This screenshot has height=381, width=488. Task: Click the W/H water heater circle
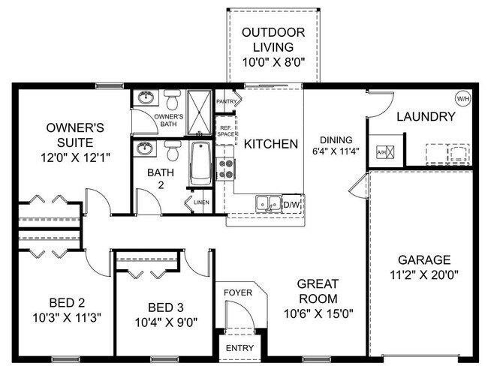click(462, 97)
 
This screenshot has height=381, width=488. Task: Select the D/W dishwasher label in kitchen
click(291, 202)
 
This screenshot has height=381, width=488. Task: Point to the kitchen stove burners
click(225, 169)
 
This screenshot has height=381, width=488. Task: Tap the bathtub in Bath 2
click(200, 164)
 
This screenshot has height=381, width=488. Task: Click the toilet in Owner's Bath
click(173, 100)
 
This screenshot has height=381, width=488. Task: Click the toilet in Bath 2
click(173, 153)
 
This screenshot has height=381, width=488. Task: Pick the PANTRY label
click(226, 101)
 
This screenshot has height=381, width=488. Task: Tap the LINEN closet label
click(201, 202)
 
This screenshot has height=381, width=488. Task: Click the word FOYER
click(238, 292)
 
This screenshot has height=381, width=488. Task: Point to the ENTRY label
click(239, 348)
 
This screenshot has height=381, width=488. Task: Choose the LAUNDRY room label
click(426, 116)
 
